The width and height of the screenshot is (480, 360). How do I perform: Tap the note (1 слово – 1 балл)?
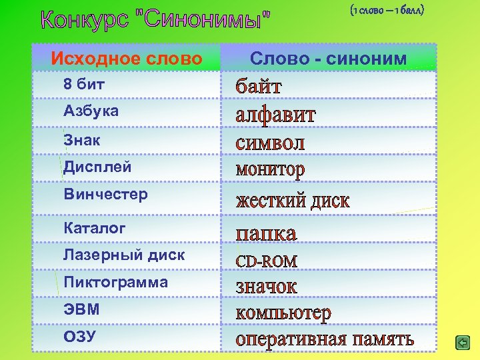[x=386, y=11]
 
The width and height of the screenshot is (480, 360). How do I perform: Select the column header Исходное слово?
[x=127, y=59]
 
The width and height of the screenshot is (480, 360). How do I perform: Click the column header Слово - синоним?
[x=328, y=59]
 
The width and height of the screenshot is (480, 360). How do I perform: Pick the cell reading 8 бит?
[x=84, y=85]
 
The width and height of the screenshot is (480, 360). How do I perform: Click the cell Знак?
[x=81, y=139]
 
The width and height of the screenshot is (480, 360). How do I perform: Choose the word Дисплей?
[x=97, y=167]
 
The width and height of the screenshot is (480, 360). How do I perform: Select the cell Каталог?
[x=94, y=228]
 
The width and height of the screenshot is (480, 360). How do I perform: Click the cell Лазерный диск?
[x=124, y=255]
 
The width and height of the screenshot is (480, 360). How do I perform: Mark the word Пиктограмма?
[x=115, y=282]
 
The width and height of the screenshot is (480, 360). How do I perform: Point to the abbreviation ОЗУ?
[x=79, y=337]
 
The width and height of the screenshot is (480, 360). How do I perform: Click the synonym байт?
[x=259, y=86]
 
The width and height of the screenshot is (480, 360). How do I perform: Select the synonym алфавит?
[x=276, y=115]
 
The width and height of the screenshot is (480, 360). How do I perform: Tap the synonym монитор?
[x=270, y=170]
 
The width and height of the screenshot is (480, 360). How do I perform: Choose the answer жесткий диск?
[x=293, y=201]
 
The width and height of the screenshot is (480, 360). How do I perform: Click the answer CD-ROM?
[x=267, y=261]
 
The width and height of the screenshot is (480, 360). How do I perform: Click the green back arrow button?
[x=462, y=343]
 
